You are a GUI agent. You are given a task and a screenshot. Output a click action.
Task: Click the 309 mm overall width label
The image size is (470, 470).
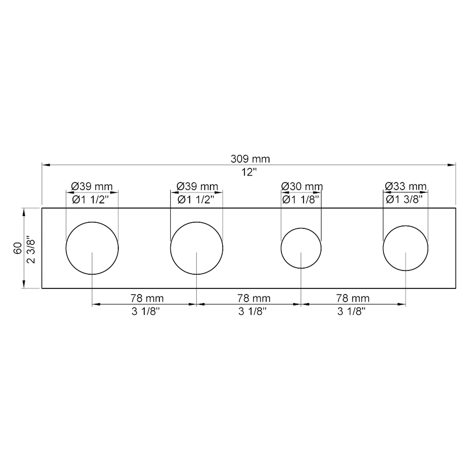coord(250,159)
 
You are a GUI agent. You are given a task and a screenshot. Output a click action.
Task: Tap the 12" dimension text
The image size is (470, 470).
coord(249,172)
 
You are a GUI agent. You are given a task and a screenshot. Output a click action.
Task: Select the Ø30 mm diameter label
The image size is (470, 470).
coord(302,186)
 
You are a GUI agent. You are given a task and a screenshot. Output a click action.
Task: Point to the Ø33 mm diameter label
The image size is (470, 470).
coord(405,186)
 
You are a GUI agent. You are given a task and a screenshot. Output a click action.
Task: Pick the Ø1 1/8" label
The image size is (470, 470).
coord(301,199)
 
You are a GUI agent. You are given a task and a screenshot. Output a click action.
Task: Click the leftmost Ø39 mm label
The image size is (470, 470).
coord(92,186)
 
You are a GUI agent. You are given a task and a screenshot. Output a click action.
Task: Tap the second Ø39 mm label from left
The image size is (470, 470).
coord(197,186)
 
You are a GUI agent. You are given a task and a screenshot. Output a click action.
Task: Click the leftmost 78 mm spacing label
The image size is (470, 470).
coord(147,298)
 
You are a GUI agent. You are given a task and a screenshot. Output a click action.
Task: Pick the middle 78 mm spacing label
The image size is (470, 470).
coord(254,298)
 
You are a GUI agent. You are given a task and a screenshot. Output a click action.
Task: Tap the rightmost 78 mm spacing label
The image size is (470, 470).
coord(353,298)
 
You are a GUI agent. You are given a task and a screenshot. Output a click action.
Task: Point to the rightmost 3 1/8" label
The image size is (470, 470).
coord(351,311)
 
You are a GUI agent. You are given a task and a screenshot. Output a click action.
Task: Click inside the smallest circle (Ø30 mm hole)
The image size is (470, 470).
coord(301,244)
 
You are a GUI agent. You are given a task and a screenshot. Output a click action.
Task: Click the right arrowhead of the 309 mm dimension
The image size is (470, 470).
coord(452,165)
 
